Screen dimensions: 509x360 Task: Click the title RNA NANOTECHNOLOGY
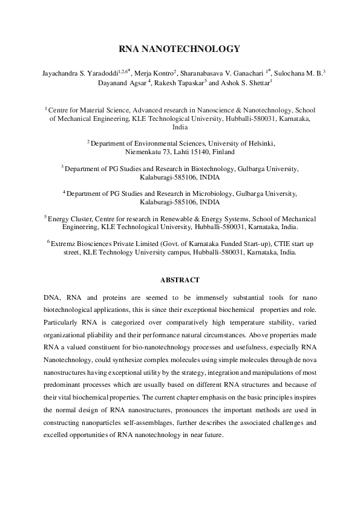click(x=180, y=50)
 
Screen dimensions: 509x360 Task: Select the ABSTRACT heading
click(x=180, y=280)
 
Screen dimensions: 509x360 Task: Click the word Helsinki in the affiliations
click(x=261, y=143)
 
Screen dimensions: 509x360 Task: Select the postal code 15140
click(x=195, y=152)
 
